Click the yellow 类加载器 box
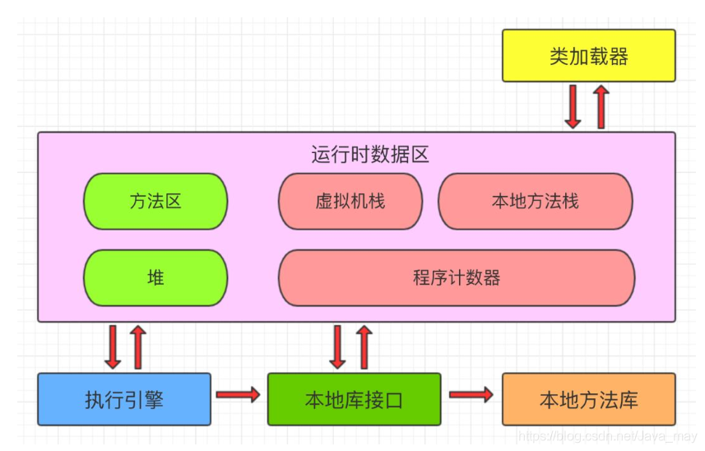tap(588, 56)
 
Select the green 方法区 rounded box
tap(155, 201)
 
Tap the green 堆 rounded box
tap(155, 277)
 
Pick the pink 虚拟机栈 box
tap(350, 201)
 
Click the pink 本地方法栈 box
tap(535, 201)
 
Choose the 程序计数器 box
tap(457, 277)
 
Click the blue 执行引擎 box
tap(124, 399)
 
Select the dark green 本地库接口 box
tap(354, 399)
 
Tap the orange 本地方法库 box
tap(588, 399)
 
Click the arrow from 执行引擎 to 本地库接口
tap(239, 395)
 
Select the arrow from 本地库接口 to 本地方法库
tap(471, 395)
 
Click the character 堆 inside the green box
tap(155, 277)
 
